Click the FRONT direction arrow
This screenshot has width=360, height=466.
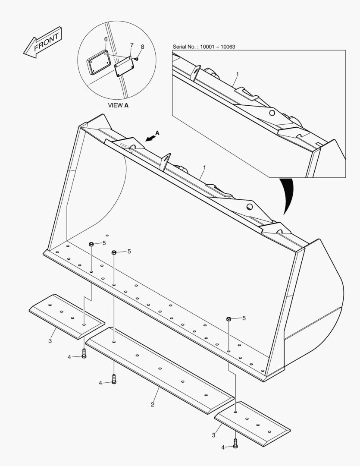[43, 42]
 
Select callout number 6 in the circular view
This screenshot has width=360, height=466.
[106, 39]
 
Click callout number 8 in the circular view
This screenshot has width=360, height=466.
[143, 47]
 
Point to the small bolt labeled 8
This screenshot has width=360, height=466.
[136, 59]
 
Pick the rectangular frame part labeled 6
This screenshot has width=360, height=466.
[97, 62]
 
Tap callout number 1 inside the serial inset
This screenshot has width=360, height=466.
[236, 74]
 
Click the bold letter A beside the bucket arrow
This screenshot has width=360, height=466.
[157, 133]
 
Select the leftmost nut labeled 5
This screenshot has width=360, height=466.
[91, 245]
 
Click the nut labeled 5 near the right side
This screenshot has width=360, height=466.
[229, 319]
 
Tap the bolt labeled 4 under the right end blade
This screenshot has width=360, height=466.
[235, 443]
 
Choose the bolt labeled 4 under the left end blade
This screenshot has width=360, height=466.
[85, 353]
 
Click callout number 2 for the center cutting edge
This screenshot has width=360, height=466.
[152, 404]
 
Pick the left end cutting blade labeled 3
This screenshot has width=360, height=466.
[67, 316]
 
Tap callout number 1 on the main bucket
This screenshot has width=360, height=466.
[204, 167]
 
